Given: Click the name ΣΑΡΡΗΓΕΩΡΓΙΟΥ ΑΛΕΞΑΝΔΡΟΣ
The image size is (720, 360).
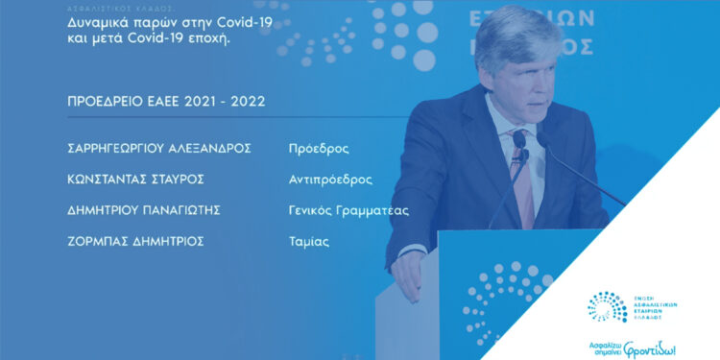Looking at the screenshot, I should [155, 149].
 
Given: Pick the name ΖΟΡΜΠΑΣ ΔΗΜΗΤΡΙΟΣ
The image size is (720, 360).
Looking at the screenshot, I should [131, 241].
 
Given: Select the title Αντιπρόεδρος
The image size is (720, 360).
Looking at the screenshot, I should [330, 180].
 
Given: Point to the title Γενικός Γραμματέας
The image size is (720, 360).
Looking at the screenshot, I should [349, 210].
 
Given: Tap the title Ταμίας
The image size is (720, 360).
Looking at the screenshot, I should [309, 241].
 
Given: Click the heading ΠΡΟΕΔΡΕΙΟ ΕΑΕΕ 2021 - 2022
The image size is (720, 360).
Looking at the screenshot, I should [160, 101].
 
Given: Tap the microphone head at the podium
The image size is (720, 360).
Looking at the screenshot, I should [518, 140].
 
